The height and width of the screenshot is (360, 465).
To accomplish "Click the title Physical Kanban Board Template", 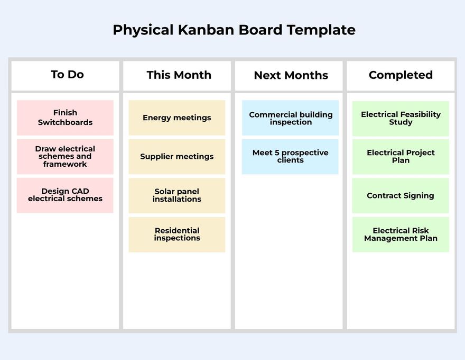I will coord(234,30).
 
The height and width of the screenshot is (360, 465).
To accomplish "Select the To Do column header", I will coord(67,75).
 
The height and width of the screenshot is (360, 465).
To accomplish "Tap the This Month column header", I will coord(179,75).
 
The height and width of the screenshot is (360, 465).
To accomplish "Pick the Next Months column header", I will coord(291,76).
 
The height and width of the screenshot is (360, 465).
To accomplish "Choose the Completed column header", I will coord(401,75).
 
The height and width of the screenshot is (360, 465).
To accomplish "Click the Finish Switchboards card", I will coord(65,118).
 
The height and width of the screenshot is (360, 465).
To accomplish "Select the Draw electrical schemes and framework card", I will coord(65,156).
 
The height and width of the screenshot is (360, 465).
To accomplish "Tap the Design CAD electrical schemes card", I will coord(65,195).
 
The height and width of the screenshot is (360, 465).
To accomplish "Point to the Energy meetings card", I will coord(176,118).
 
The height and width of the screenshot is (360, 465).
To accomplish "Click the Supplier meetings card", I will coord(176,157).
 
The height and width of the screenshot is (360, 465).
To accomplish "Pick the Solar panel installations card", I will coord(176,195).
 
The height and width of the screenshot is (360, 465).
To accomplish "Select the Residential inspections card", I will coord(176,234).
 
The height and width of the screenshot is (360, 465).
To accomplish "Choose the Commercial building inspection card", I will coord(291,118).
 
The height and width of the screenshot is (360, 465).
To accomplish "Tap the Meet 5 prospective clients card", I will coord(290,156).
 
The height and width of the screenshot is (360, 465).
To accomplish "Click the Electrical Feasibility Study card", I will coord(401,119).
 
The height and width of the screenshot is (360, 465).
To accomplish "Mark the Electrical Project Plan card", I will coord(401,157).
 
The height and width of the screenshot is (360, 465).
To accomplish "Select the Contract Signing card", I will coord(401,195).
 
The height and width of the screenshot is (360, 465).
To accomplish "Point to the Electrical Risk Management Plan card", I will coord(401,234).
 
